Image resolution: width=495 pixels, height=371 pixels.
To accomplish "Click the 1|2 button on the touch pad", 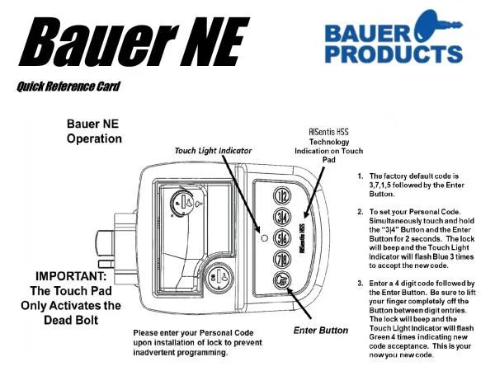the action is click(x=281, y=196).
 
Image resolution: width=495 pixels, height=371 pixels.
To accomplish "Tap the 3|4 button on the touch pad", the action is click(x=281, y=218).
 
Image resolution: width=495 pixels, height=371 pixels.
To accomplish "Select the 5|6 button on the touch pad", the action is click(x=281, y=238).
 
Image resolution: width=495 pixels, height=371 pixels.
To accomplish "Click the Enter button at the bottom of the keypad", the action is click(x=281, y=279).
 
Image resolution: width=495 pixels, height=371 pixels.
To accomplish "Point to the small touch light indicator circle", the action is click(x=264, y=238).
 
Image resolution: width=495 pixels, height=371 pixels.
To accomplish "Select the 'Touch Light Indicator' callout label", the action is click(x=214, y=151).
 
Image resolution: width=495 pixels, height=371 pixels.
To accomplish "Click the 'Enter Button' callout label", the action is click(x=321, y=331).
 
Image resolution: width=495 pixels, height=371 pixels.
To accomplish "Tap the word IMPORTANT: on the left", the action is click(x=71, y=276).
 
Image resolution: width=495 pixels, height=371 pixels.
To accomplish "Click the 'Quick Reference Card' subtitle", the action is click(x=68, y=86).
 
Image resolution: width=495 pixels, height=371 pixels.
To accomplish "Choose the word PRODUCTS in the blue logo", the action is click(x=394, y=54).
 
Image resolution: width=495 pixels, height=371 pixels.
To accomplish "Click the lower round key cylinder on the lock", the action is click(x=219, y=278).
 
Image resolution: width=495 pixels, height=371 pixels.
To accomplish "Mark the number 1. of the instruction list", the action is click(x=361, y=176).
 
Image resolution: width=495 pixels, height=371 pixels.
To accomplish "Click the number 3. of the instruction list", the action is click(x=361, y=284).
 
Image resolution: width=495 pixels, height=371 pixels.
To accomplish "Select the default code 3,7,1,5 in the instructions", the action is click(x=379, y=185).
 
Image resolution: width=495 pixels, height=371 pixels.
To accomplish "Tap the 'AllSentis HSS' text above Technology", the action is click(x=328, y=132).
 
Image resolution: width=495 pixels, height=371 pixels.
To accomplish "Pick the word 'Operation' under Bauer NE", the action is click(x=94, y=139).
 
